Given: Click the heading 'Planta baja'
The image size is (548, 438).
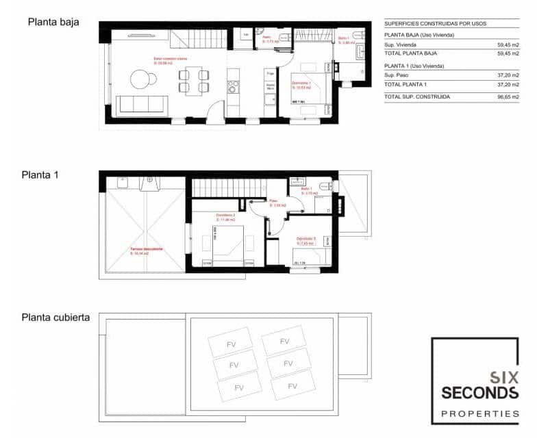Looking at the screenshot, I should click(x=53, y=22).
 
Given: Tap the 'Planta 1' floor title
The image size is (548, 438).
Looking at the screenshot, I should click(x=40, y=175).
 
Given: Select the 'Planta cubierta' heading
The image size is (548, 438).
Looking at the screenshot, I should click(x=55, y=318).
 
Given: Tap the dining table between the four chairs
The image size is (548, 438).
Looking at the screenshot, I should click(x=195, y=80).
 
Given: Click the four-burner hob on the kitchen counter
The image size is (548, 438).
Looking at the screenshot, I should click(x=234, y=86).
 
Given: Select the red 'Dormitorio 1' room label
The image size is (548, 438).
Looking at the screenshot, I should click(x=301, y=84).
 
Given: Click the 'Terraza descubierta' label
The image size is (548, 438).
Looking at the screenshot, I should click(x=146, y=249).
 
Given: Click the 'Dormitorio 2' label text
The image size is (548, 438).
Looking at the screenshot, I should click(x=225, y=216).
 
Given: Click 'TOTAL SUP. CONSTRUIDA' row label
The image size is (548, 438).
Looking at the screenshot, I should click(x=417, y=97).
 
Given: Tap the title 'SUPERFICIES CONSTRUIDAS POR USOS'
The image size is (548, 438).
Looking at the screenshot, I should click(x=435, y=23).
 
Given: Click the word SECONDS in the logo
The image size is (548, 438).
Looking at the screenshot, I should click(x=480, y=392).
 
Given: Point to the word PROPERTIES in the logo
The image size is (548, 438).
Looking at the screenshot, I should click(x=480, y=413).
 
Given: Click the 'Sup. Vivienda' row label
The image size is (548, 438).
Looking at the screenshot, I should click(x=401, y=44).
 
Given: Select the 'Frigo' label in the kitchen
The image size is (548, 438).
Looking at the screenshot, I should click(x=271, y=73).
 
